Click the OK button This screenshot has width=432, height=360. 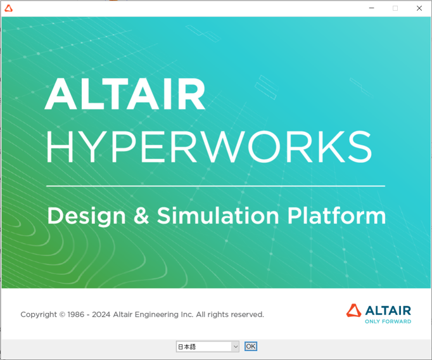pyautogui.click(x=251, y=347)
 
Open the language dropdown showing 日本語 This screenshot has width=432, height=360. pyautogui.click(x=203, y=347)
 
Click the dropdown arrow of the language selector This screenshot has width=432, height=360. pyautogui.click(x=235, y=347)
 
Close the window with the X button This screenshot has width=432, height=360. pyautogui.click(x=419, y=8)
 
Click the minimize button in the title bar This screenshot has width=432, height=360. pyautogui.click(x=372, y=8)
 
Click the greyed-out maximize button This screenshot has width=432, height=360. pyautogui.click(x=395, y=8)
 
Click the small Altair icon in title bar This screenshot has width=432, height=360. pyautogui.click(x=8, y=8)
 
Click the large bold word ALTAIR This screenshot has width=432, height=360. pyautogui.click(x=125, y=94)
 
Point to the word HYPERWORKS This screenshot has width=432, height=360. pyautogui.click(x=208, y=146)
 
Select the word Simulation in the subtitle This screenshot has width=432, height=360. pyautogui.click(x=219, y=216)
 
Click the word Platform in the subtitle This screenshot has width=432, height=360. pyautogui.click(x=336, y=216)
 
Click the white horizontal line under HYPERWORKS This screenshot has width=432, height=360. pyautogui.click(x=215, y=186)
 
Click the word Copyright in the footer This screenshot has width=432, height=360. pyautogui.click(x=39, y=314)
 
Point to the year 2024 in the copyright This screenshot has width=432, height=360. pyautogui.click(x=101, y=314)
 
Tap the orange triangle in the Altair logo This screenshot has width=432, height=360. pyautogui.click(x=353, y=310)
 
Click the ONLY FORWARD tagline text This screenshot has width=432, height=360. pyautogui.click(x=388, y=321)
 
